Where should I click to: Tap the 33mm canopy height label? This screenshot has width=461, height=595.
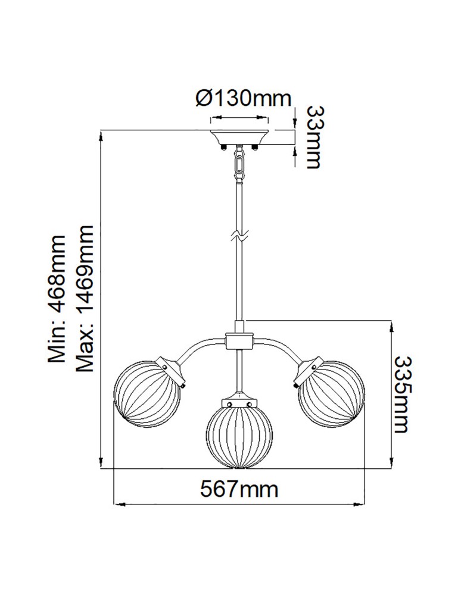314,137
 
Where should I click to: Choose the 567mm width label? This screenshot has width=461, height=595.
239,489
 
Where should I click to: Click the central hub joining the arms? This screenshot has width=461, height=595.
239,342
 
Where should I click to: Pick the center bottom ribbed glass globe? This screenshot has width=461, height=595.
239,434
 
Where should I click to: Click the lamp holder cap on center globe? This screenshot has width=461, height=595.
239,402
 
